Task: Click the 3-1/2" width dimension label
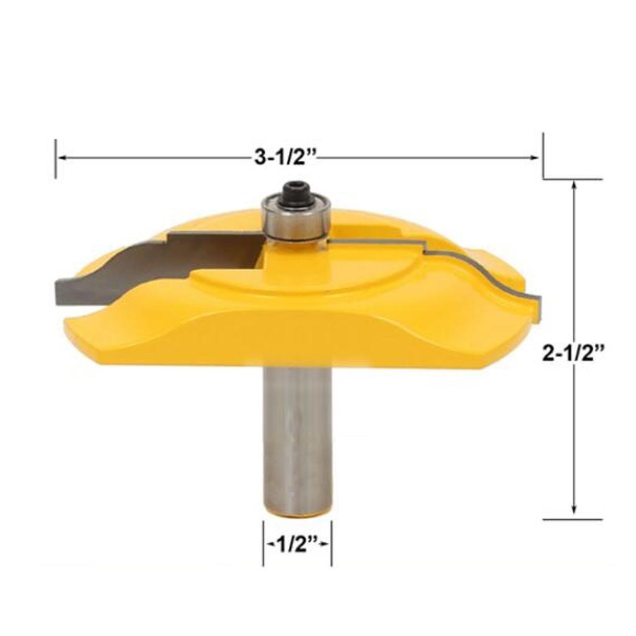coord(284,157)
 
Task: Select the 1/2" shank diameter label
coord(297,545)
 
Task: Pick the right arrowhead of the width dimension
coord(535,158)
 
